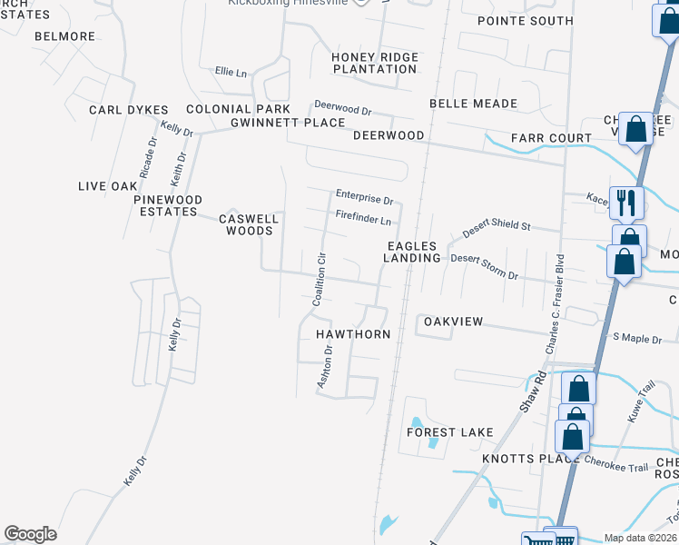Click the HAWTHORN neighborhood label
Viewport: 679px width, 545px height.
coord(353,334)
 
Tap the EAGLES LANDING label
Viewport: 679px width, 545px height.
coord(412,252)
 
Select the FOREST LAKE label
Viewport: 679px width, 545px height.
coord(449,432)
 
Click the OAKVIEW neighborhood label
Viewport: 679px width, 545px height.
coord(452,322)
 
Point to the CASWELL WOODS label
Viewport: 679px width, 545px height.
coord(249,225)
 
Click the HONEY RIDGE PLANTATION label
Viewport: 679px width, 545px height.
coord(375,64)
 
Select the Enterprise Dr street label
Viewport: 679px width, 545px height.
coord(364,195)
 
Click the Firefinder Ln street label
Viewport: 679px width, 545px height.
coord(363,220)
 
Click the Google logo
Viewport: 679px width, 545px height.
coord(29,534)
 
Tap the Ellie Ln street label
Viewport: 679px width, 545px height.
coord(231,72)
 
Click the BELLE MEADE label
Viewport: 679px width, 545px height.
coord(473,104)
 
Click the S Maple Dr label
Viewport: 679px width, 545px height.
coord(637,338)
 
